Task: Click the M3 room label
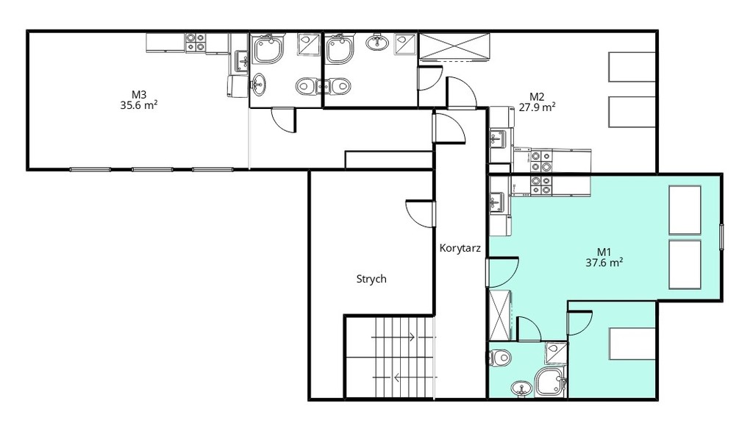[139, 95]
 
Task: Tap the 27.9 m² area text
[537, 107]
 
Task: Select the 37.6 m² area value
[604, 263]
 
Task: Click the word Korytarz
[460, 248]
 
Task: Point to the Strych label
[371, 279]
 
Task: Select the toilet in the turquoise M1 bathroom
[499, 358]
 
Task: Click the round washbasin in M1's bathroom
[521, 387]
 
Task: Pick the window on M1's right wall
[721, 237]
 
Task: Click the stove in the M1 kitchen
[541, 185]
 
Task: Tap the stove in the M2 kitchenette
[541, 161]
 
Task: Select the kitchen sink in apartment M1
[498, 202]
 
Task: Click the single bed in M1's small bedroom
[632, 344]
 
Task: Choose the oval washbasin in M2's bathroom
[377, 42]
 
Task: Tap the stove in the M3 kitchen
[196, 42]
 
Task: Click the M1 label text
[604, 252]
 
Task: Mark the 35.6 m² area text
[139, 105]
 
